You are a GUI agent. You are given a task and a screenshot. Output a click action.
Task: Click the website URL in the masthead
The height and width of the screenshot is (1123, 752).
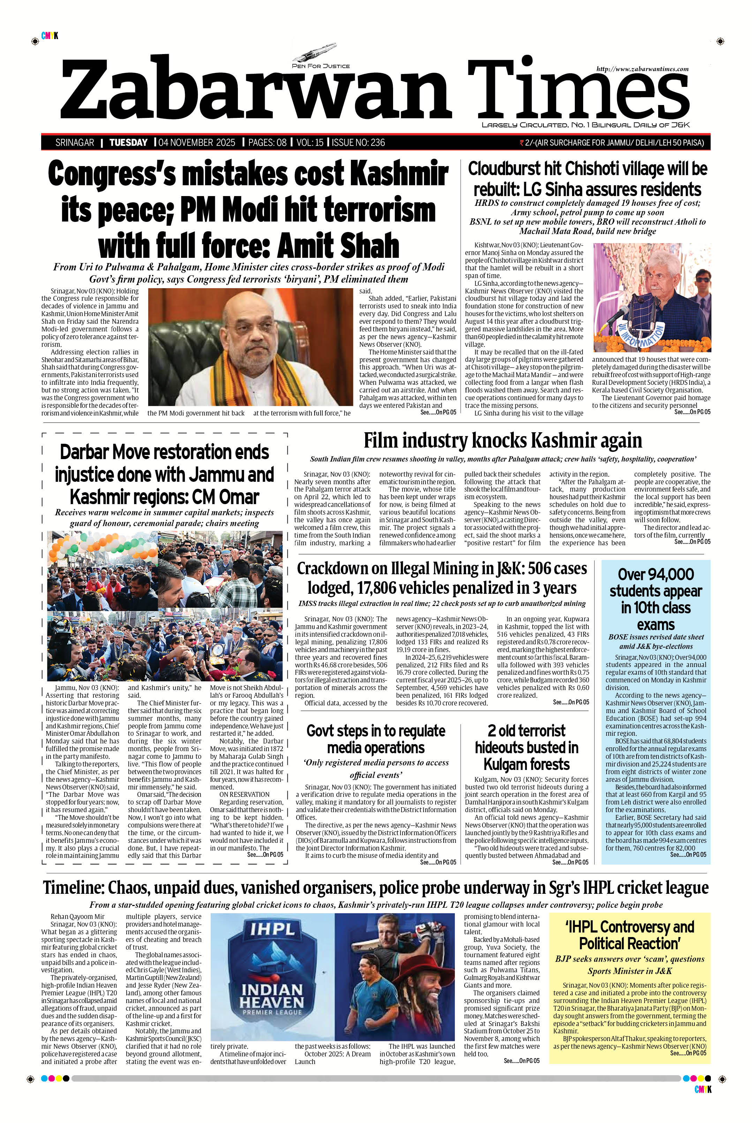[x=642, y=69]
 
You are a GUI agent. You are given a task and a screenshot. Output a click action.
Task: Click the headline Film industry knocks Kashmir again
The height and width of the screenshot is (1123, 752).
[x=502, y=440]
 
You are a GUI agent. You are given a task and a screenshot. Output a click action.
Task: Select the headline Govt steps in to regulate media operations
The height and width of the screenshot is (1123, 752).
[x=376, y=739]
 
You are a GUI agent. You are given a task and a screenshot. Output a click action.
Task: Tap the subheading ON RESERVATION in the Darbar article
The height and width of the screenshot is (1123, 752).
[x=244, y=794]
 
